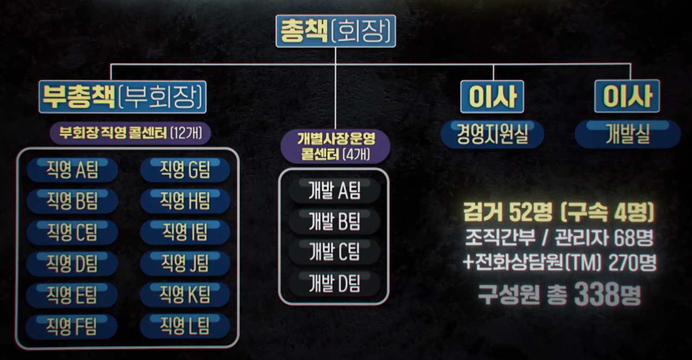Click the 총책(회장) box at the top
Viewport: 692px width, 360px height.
pyautogui.click(x=335, y=31)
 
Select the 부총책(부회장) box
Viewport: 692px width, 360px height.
pyautogui.click(x=122, y=97)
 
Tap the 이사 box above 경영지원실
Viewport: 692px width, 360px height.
pyautogui.click(x=492, y=96)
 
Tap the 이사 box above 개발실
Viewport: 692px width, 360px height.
pyautogui.click(x=627, y=96)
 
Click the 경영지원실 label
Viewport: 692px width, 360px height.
pyautogui.click(x=492, y=135)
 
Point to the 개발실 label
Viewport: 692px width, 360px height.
pyautogui.click(x=627, y=135)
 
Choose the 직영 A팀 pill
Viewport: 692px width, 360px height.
pyautogui.click(x=72, y=170)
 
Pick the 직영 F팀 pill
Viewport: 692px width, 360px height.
pyautogui.click(x=71, y=327)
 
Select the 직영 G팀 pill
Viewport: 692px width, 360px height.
pyautogui.click(x=185, y=170)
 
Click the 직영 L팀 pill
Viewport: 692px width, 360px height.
pyautogui.click(x=185, y=326)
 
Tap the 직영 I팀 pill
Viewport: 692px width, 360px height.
pyautogui.click(x=185, y=232)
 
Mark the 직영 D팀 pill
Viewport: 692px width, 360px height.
pyautogui.click(x=72, y=264)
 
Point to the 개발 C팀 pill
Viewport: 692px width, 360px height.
pyautogui.click(x=334, y=253)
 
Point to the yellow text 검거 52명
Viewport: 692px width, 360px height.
pyautogui.click(x=507, y=214)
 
